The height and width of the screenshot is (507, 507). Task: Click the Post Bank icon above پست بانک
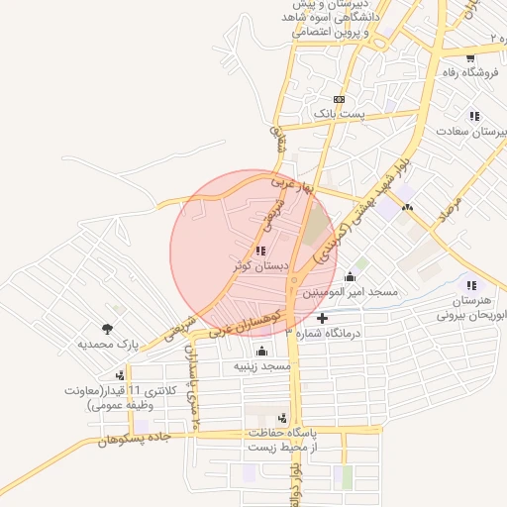[x=340, y=100]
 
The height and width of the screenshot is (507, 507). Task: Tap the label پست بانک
[x=340, y=116]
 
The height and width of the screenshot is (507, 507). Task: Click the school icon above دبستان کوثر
[x=260, y=252]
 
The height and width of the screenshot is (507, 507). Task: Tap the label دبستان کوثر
[x=260, y=267]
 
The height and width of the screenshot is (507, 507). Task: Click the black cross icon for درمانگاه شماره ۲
[x=322, y=318]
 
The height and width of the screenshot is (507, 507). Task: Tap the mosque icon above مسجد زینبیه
[x=261, y=351]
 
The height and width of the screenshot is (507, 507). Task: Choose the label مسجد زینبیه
[x=261, y=366]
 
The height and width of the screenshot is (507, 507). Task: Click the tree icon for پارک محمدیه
[x=105, y=329]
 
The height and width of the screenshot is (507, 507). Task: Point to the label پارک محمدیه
[x=105, y=345]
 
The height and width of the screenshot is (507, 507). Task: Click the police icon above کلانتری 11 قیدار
[x=120, y=375]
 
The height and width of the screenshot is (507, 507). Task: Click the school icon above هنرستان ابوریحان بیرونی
[x=471, y=285]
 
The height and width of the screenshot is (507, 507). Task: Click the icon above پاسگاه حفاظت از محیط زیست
[x=284, y=418]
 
